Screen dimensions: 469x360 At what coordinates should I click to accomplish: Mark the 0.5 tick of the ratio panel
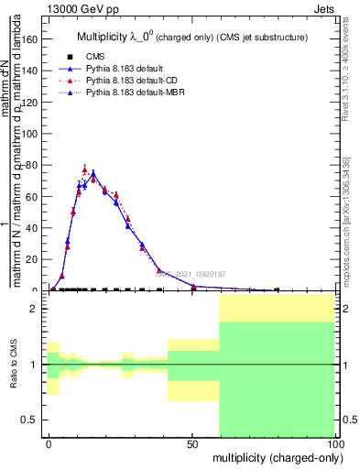click(x=35, y=420)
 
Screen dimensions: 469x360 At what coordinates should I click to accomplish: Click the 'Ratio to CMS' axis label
click(x=14, y=365)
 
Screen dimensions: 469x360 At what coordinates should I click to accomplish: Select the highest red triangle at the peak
click(x=85, y=169)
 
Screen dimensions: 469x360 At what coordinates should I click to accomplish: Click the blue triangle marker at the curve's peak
click(x=93, y=172)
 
